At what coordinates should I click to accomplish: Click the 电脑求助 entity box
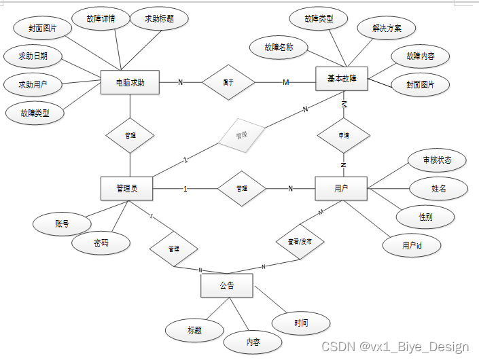[x=130, y=83]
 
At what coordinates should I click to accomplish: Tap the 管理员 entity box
[x=126, y=188]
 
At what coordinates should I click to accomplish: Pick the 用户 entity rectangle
[x=341, y=188]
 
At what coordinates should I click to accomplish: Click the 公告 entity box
[x=227, y=285]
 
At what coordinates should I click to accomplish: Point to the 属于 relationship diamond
[x=229, y=82]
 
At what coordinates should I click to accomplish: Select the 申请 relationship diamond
[x=344, y=135]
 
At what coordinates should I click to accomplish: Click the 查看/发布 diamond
[x=300, y=241]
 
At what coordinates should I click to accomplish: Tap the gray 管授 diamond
[x=241, y=135]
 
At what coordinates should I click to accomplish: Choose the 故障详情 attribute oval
[x=101, y=19]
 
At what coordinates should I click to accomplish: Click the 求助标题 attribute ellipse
[x=159, y=19]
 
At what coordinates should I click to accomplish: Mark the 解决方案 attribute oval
[x=386, y=29]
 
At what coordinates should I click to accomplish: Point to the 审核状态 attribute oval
[x=437, y=160]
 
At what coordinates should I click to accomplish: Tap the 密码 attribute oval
[x=101, y=242]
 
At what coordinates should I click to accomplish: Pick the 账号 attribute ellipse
[x=62, y=223]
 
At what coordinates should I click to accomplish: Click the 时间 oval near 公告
[x=301, y=323]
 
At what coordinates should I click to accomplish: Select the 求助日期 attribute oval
[x=33, y=56]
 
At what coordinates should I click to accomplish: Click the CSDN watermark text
[x=395, y=346]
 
